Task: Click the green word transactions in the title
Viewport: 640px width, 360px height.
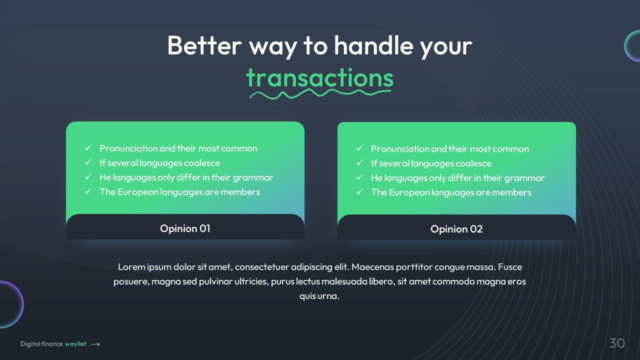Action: pos(319,77)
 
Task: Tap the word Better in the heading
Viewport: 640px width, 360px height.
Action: pos(204,45)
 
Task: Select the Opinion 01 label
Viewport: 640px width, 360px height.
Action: pos(185,228)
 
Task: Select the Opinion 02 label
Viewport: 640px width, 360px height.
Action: pos(456,229)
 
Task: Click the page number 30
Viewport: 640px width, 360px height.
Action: pos(617,343)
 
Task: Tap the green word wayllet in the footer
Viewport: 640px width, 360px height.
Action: pos(75,344)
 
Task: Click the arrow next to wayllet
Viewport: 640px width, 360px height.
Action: pos(95,344)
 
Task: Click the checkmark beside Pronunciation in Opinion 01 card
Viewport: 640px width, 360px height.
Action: pos(88,147)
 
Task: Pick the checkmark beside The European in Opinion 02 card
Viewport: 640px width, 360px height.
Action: pos(360,191)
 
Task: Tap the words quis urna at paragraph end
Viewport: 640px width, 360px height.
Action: pos(319,296)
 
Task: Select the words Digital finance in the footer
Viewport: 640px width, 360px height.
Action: pos(41,344)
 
